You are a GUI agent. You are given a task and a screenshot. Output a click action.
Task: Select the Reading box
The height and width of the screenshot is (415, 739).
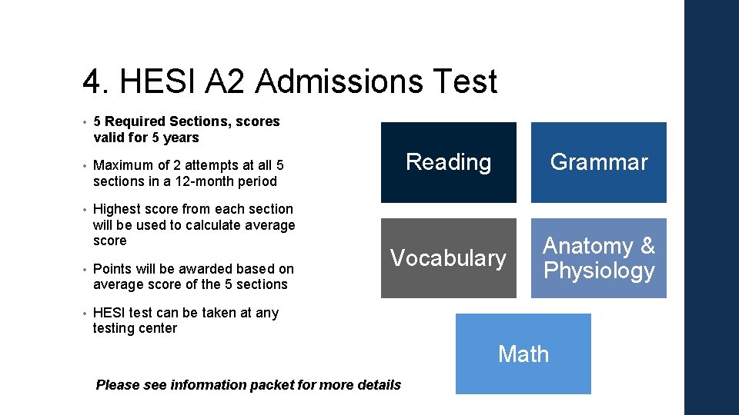[448, 162]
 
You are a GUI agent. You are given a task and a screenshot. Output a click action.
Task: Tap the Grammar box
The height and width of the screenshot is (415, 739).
[598, 162]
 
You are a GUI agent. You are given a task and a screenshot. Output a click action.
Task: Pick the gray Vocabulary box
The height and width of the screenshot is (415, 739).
[448, 258]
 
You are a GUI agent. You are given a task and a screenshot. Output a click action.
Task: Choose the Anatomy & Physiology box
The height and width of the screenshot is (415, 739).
[598, 258]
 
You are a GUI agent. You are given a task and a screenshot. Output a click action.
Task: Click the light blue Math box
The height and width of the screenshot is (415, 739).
[523, 354]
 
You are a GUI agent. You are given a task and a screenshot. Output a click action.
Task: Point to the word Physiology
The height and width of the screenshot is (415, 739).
[599, 271]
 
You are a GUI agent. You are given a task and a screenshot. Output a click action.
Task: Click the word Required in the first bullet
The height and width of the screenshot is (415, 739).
[135, 121]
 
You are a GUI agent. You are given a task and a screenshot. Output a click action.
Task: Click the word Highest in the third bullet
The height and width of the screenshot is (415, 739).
[116, 209]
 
